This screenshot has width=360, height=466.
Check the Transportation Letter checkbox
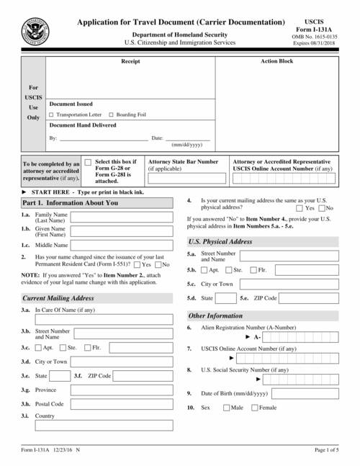pyautogui.click(x=50, y=115)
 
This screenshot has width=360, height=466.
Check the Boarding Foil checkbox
pyautogui.click(x=110, y=115)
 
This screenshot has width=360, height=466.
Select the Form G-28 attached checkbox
pyautogui.click(x=88, y=163)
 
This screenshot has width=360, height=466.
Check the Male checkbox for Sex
pyautogui.click(x=227, y=408)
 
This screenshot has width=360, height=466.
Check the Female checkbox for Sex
pyautogui.click(x=254, y=408)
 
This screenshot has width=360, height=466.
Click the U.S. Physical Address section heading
pyautogui.click(x=220, y=241)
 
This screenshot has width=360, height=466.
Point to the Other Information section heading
pyautogui.click(x=215, y=315)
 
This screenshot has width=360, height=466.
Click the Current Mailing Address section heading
pyautogui.click(x=58, y=297)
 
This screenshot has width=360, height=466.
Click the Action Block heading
pyautogui.click(x=276, y=61)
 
